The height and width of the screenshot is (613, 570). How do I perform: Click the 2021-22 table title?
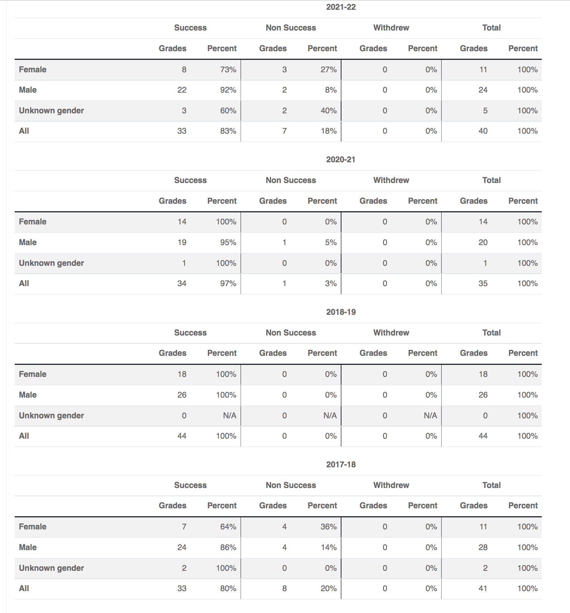(341, 7)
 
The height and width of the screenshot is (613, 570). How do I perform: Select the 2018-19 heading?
(341, 312)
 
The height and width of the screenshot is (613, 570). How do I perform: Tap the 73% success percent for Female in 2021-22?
(228, 70)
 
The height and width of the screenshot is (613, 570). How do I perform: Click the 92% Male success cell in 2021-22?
(228, 90)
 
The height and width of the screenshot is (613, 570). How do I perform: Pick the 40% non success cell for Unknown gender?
(328, 111)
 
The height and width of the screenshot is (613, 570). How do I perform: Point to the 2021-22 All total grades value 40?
(483, 131)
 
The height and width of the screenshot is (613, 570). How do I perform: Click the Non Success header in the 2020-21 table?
(291, 180)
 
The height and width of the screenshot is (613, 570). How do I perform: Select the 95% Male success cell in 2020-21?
(228, 242)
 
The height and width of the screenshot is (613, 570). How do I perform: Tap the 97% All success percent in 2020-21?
(228, 284)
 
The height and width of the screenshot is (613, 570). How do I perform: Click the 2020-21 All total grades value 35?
(483, 284)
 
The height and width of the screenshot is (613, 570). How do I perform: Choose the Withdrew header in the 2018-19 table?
(391, 333)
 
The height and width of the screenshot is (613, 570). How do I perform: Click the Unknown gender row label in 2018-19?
(52, 416)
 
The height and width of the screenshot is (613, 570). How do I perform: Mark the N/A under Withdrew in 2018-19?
(430, 416)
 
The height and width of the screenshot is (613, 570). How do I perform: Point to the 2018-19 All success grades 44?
(182, 436)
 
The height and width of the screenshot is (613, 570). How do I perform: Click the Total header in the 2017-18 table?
(491, 485)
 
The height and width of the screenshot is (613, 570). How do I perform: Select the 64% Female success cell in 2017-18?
(228, 527)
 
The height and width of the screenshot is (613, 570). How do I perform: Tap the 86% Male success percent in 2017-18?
(228, 547)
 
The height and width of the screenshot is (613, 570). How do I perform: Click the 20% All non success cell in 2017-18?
(328, 589)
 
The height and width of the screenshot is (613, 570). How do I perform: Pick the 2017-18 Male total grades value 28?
(483, 547)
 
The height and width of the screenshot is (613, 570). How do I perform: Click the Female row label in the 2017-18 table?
(33, 527)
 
